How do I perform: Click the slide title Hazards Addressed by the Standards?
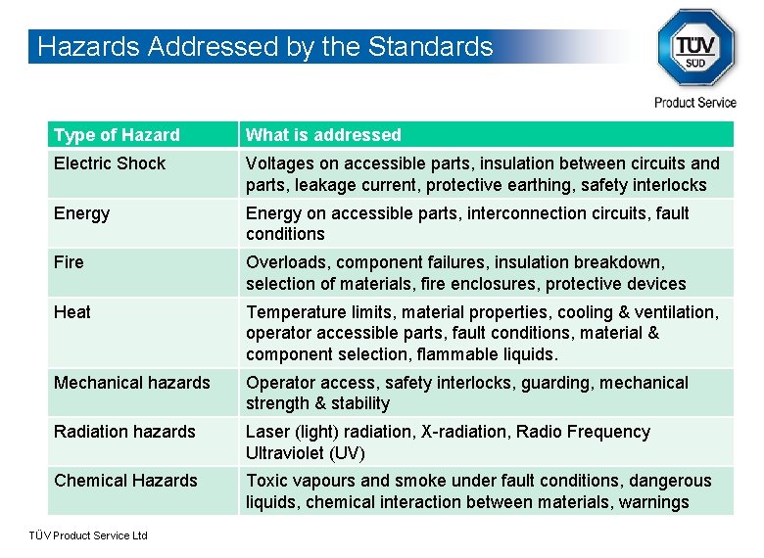[263, 47]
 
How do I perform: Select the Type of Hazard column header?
[117, 135]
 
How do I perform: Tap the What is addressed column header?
[323, 135]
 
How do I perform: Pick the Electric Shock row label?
[110, 163]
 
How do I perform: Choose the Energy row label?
[81, 213]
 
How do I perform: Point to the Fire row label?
[69, 262]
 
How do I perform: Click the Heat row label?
[72, 312]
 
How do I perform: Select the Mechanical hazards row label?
[131, 383]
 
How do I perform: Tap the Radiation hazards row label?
[124, 432]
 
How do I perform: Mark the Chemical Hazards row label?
[125, 481]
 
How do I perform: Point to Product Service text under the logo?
[695, 103]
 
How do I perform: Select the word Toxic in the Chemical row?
[266, 481]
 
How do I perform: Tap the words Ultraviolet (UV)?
[307, 453]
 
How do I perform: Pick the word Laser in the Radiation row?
[267, 432]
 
